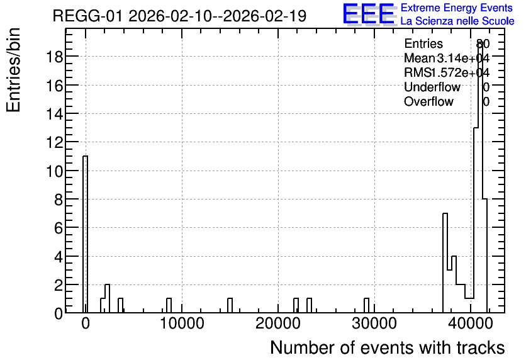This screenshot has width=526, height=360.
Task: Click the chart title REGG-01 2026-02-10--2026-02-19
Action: [x=179, y=16]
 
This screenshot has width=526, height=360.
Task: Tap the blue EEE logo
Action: [x=369, y=14]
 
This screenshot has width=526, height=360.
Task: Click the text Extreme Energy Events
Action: [x=457, y=8]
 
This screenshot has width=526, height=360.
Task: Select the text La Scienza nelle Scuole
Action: [x=457, y=21]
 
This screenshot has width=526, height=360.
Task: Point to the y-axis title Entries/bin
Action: [x=14, y=70]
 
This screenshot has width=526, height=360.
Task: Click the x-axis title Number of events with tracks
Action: [x=388, y=347]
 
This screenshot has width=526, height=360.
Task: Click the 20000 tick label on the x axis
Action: [x=278, y=323]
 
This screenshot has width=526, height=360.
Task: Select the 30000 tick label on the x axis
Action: [x=374, y=323]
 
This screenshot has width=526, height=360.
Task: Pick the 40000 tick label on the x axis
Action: [x=470, y=323]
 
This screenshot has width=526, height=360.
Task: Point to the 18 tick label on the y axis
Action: [x=54, y=57]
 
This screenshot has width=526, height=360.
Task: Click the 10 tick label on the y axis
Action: [x=54, y=171]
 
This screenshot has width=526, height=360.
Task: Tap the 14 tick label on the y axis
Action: [x=54, y=114]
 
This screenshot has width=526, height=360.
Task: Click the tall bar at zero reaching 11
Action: [x=85, y=234]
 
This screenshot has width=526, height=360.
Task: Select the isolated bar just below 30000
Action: [x=366, y=305]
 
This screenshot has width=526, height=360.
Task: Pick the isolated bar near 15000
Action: [x=230, y=305]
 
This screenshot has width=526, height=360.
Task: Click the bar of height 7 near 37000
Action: [x=445, y=263]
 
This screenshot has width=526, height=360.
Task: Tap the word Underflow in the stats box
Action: [x=432, y=87]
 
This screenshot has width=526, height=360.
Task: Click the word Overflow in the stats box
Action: [x=428, y=102]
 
